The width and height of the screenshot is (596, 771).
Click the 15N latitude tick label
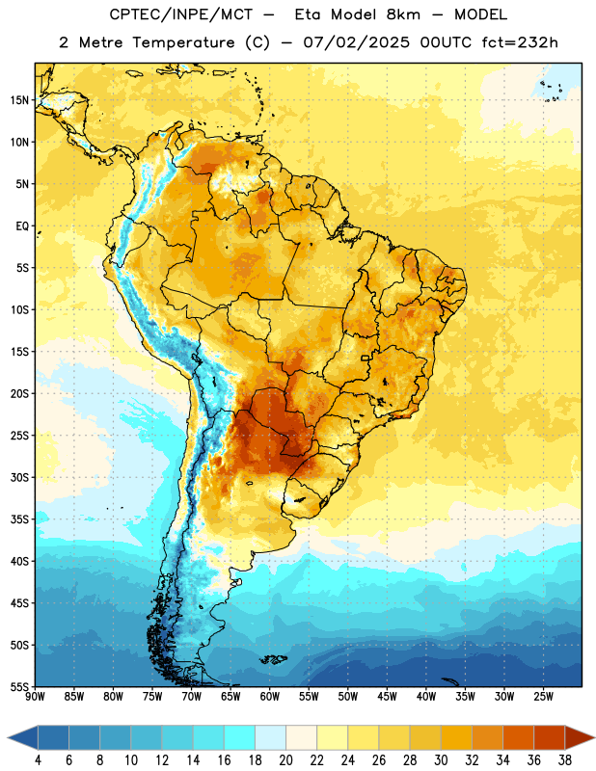click(19, 100)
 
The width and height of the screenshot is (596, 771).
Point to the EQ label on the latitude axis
click(22, 226)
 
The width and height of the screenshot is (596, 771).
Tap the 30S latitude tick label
click(19, 477)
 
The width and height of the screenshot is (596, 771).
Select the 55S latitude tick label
click(19, 686)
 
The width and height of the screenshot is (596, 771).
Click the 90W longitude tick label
click(35, 697)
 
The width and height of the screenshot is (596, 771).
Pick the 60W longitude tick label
click(270, 697)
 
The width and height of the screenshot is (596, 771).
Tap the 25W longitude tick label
click(543, 697)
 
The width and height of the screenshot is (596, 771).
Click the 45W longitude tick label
click(387, 697)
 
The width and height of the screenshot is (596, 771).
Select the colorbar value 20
click(285, 760)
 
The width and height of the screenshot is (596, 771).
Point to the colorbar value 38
click(565, 760)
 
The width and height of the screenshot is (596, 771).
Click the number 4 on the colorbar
click(38, 760)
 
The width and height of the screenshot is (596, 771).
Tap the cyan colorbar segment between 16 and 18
click(240, 738)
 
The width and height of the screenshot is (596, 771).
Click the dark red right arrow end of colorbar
click(579, 738)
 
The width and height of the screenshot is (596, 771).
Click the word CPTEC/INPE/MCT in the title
click(181, 14)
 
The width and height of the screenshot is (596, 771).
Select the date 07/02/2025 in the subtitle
click(356, 42)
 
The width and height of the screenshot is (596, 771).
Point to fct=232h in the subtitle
click(520, 42)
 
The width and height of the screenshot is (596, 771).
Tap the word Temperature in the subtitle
click(183, 42)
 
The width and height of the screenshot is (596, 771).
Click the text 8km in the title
click(403, 14)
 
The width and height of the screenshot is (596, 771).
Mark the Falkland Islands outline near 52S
click(274, 659)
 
